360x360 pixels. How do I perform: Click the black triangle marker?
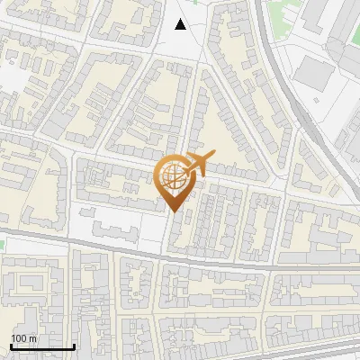[181, 24]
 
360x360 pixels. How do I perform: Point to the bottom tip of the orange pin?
[174, 212]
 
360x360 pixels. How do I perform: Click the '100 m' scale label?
[23, 337]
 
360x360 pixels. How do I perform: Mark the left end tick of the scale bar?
[11, 345]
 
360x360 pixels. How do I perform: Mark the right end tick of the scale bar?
[74, 345]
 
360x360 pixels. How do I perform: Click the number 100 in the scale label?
[19, 337]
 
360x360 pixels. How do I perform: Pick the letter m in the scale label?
[32, 337]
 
